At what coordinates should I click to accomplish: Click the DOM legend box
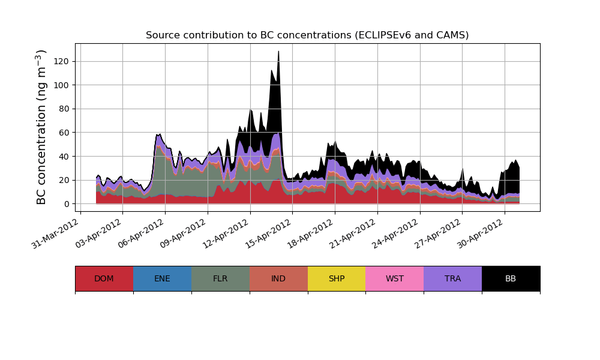click(104, 278)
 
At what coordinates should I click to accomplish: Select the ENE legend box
click(162, 278)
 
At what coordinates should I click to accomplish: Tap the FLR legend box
click(220, 278)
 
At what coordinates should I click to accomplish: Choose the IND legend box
click(278, 278)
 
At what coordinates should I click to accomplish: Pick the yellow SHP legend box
click(337, 278)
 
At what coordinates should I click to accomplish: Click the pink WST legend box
click(395, 278)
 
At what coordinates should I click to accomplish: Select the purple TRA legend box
click(453, 278)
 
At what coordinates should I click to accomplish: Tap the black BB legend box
click(511, 278)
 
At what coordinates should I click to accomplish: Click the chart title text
click(307, 35)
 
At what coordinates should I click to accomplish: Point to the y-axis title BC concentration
click(41, 127)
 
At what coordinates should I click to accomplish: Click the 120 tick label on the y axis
click(62, 61)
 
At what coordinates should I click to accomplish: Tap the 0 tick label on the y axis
click(67, 204)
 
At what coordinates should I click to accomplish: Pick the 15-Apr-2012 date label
click(268, 233)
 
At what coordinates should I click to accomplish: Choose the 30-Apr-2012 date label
click(480, 233)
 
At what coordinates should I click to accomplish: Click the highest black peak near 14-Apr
click(278, 52)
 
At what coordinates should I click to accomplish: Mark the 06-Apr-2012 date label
click(140, 233)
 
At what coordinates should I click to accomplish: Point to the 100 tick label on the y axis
click(62, 85)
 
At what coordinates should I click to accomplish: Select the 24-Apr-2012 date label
click(395, 233)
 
